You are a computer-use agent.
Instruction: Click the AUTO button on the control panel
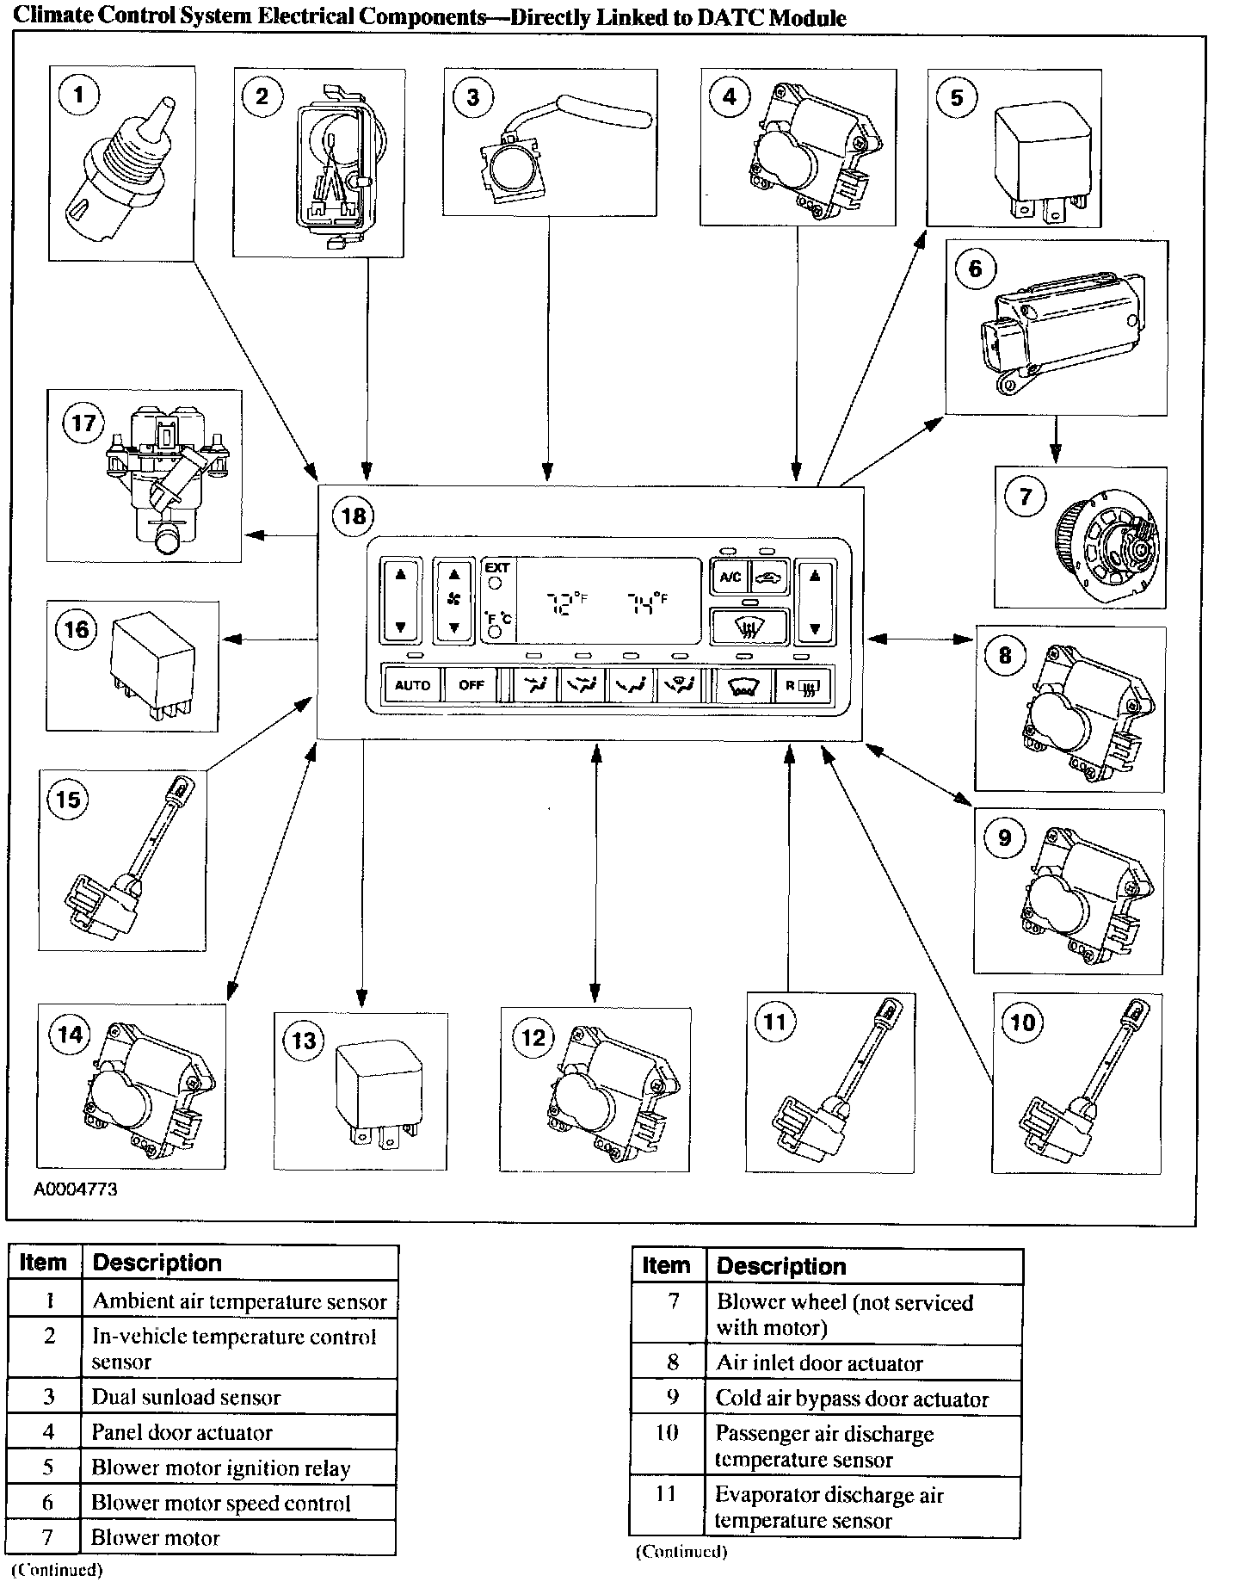click(412, 686)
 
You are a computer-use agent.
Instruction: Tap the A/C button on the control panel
click(730, 577)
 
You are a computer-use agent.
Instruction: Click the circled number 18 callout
click(354, 516)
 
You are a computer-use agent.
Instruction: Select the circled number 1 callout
click(79, 94)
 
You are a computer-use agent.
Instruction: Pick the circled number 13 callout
click(304, 1041)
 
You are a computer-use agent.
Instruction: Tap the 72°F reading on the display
click(568, 602)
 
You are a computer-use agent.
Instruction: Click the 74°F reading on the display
click(646, 602)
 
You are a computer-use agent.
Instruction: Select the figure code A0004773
click(76, 1189)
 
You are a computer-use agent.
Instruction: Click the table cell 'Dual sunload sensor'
click(186, 1397)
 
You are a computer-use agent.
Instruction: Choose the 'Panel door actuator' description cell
click(182, 1432)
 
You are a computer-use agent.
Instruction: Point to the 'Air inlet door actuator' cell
click(818, 1363)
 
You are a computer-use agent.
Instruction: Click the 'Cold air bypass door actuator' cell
click(851, 1399)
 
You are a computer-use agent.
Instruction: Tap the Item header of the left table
click(43, 1263)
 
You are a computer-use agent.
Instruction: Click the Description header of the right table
click(780, 1266)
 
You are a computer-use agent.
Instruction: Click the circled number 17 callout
click(83, 423)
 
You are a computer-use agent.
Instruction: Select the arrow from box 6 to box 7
click(1056, 440)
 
